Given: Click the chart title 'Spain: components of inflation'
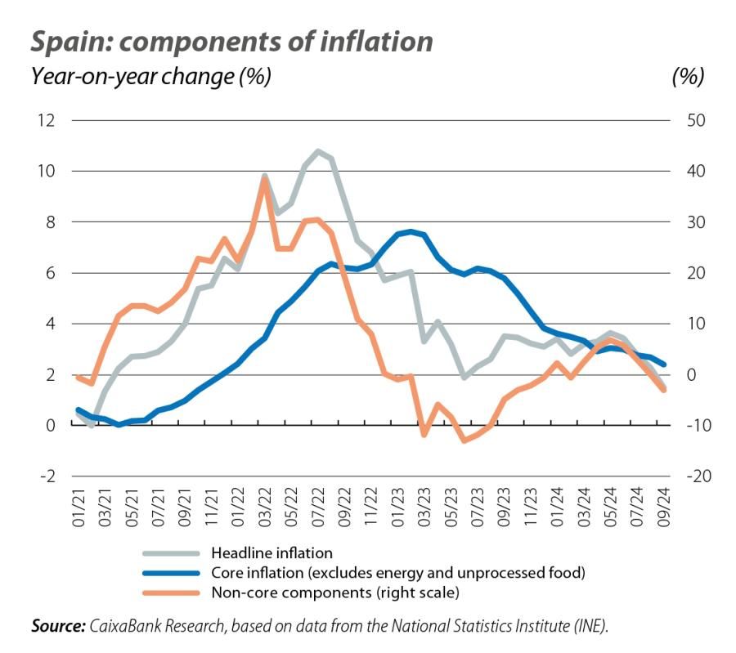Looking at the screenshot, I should (231, 41).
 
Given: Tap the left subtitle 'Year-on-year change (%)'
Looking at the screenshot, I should (150, 77).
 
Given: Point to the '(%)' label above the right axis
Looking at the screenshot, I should (686, 77).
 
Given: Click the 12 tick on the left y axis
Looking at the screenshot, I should (45, 121).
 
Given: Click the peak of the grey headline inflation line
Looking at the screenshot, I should (317, 151).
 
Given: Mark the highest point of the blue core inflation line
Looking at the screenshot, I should (411, 232).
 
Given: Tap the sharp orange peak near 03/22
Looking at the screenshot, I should (264, 179).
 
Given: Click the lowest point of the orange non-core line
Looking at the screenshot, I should (464, 441).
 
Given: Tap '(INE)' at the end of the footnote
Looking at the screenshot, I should (591, 626).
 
